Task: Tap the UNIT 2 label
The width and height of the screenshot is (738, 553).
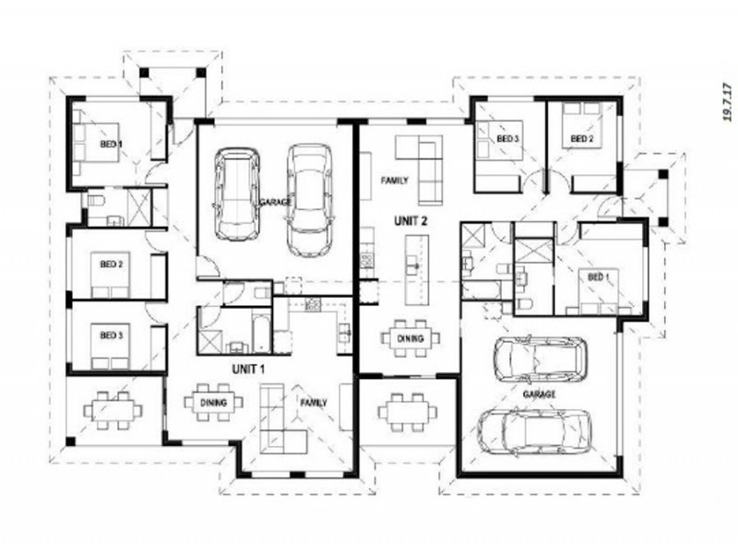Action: click(x=411, y=220)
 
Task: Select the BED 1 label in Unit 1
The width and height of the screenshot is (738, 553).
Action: click(x=112, y=143)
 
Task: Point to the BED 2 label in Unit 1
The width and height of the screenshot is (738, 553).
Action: click(x=112, y=265)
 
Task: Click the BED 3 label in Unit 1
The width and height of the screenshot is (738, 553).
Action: click(x=112, y=335)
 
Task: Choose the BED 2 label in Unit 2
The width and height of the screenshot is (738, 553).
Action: click(x=580, y=138)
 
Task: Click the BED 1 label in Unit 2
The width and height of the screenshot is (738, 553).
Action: click(x=599, y=276)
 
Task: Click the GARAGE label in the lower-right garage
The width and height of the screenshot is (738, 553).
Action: click(x=540, y=394)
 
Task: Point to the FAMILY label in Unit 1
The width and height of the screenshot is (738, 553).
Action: click(x=313, y=403)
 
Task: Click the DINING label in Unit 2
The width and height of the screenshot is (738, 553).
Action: click(x=411, y=338)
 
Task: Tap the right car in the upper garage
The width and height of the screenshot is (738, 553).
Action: click(x=307, y=198)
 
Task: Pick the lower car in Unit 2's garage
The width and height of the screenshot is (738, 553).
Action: click(x=535, y=432)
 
